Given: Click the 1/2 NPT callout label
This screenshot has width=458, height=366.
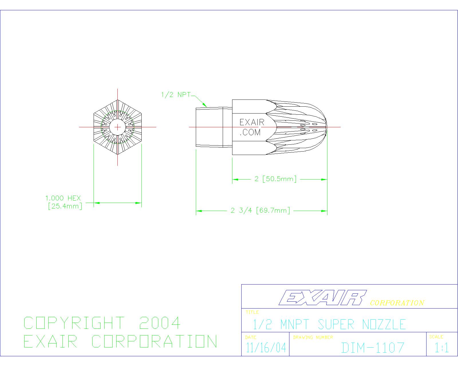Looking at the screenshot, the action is point(176,95).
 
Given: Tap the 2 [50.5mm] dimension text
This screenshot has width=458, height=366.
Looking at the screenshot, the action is point(276,179).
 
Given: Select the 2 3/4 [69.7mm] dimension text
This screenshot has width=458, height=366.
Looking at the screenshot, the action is point(260,210).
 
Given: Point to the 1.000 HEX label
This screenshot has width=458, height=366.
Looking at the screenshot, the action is point(63,198).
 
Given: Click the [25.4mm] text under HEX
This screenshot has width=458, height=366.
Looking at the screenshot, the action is point(65,206).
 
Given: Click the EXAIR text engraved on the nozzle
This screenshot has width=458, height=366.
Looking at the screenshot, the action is point(252,122).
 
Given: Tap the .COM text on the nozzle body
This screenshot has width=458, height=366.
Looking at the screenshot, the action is point(250,132).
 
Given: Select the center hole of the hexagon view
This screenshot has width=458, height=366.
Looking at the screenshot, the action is point(117,127).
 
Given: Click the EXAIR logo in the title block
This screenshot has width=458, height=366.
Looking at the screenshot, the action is point(323,298).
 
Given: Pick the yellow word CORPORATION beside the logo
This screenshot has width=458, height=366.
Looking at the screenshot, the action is point(397,303).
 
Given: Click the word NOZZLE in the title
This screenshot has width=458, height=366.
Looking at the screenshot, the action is point(384,324).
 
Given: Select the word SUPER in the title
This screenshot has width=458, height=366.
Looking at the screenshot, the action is point(336,324).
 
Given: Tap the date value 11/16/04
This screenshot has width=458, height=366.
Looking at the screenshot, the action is point(266,348).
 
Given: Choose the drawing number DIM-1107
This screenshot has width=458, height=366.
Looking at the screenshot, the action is point(373,348).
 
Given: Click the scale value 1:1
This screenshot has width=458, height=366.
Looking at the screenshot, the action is point(442,348).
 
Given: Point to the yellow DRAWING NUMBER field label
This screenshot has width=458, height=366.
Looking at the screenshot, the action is point(313,337).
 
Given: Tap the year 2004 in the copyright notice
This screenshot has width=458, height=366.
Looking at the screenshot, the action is point(160,323).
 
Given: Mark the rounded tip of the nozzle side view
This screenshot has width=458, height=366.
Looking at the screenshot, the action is point(327,127).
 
